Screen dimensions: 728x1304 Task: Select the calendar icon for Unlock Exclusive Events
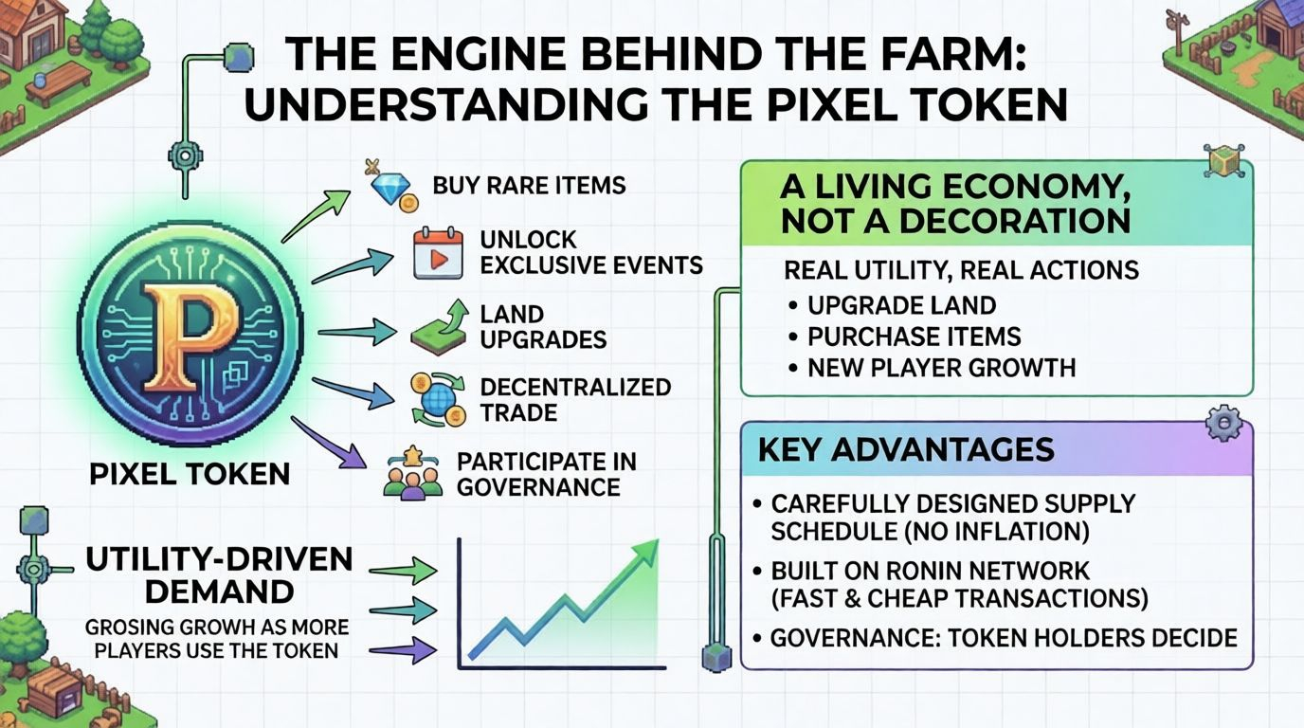437,253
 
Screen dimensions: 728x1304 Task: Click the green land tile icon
439,328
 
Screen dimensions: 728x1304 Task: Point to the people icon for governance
413,475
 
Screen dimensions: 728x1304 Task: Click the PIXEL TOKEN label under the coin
190,473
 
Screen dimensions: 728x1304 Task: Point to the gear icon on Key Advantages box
1223,422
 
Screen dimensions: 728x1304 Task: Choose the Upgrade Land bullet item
900,306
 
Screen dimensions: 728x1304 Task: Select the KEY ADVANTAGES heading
906,448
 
